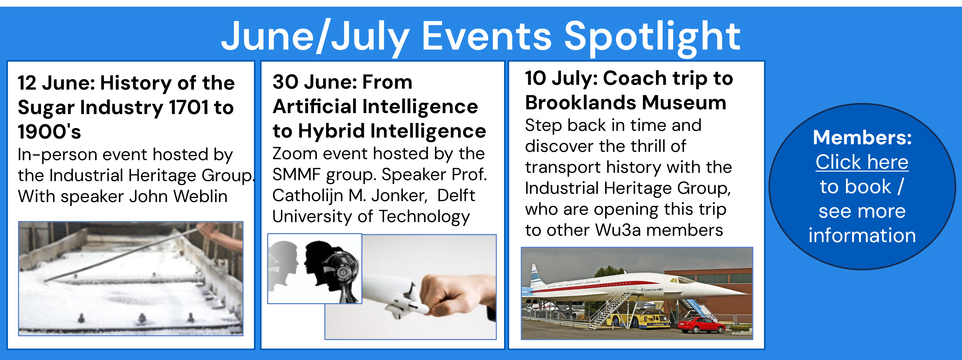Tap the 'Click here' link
coord(862,162)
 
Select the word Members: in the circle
coord(862,138)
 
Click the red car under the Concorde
coord(701,324)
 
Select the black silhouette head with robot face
coord(331,271)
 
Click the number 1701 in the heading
coord(188,107)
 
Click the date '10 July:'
coord(562,78)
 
